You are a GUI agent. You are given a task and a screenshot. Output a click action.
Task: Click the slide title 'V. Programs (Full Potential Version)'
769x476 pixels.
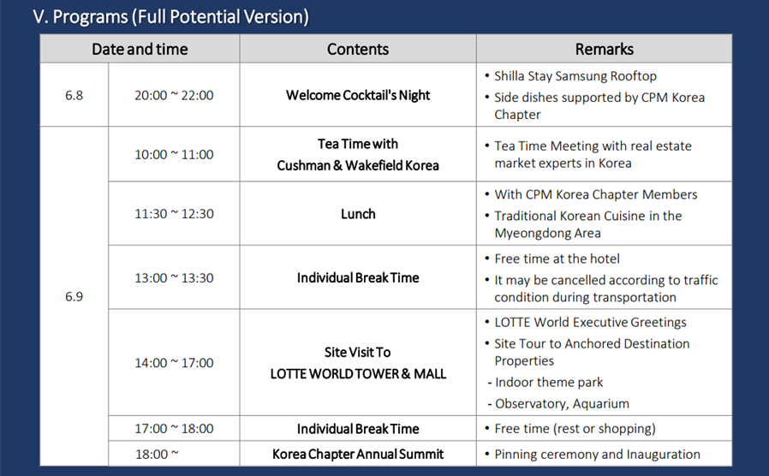[x=170, y=16]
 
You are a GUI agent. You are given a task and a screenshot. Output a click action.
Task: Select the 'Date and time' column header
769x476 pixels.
[x=140, y=49]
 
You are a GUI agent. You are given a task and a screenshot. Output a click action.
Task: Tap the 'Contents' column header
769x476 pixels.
[x=358, y=49]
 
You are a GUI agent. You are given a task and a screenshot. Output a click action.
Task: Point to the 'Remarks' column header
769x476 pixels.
[x=605, y=49]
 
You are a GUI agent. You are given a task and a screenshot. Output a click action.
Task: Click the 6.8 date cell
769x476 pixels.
[x=74, y=95]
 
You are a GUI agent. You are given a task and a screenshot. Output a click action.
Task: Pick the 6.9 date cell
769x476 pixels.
[x=74, y=296]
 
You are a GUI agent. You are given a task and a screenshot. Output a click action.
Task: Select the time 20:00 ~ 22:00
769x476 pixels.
[x=174, y=95]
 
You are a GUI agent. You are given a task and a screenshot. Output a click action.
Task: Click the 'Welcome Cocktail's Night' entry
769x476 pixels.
[x=358, y=95]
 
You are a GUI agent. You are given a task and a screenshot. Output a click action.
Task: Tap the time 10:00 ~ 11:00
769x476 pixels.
[x=174, y=154]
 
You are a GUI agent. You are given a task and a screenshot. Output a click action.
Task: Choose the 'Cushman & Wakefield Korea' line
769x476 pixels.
[x=358, y=166]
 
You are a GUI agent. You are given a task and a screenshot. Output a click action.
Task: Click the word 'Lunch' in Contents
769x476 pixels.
[x=358, y=214]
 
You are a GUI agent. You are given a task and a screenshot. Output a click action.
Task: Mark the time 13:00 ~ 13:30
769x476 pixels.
[x=174, y=278]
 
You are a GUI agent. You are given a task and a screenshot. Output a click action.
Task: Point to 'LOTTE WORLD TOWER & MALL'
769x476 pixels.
[x=358, y=374]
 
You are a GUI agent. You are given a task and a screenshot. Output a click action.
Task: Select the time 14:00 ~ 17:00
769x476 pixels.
[x=174, y=363]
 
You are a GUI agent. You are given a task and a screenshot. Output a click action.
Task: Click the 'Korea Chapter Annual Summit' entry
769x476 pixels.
[x=358, y=455]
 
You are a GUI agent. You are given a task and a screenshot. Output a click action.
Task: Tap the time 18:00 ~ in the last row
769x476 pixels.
[x=157, y=455]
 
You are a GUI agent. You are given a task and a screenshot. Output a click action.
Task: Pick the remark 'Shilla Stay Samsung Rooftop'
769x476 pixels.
[x=575, y=76]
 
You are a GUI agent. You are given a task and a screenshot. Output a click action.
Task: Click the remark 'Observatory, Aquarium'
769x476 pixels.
[x=562, y=403]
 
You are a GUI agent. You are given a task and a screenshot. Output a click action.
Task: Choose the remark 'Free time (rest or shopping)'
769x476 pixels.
[x=575, y=429]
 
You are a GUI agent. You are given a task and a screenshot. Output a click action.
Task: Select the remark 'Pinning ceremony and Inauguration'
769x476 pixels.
[x=598, y=455]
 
